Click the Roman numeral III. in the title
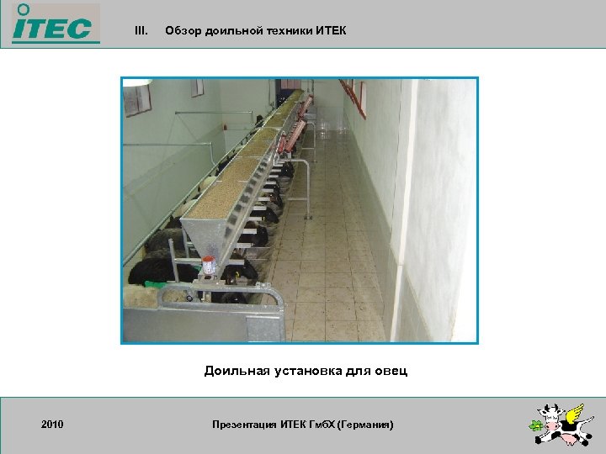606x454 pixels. (x=141, y=31)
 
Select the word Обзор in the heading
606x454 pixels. (x=181, y=31)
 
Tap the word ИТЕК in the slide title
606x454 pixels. (x=330, y=31)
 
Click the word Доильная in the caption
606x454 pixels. (x=232, y=371)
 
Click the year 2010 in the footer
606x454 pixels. (x=52, y=425)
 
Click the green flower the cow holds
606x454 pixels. (x=535, y=425)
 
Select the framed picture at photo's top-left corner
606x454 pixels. (x=137, y=98)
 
